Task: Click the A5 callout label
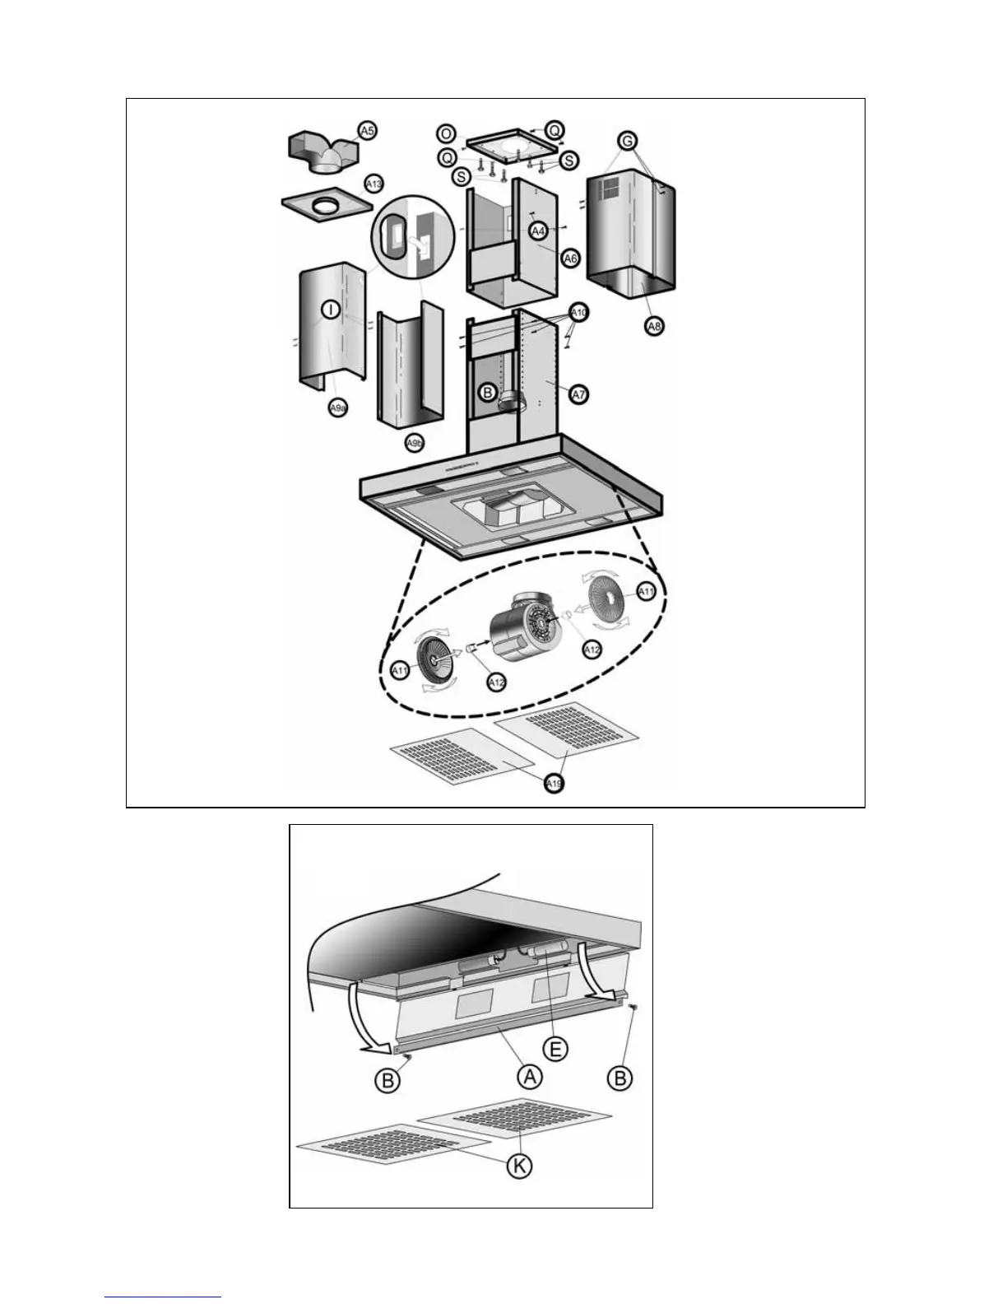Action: [x=367, y=131]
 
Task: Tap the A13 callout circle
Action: [x=374, y=184]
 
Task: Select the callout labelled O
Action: [x=446, y=133]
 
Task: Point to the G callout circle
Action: [x=628, y=141]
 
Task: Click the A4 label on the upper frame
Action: [x=538, y=231]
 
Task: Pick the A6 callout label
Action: [x=570, y=258]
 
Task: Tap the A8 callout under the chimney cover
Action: [x=654, y=326]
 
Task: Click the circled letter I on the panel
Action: [x=330, y=310]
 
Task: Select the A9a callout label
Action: [x=337, y=407]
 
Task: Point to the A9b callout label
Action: [x=415, y=443]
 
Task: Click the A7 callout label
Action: [x=579, y=394]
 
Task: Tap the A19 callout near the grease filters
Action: [x=555, y=784]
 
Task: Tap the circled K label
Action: [x=519, y=1165]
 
